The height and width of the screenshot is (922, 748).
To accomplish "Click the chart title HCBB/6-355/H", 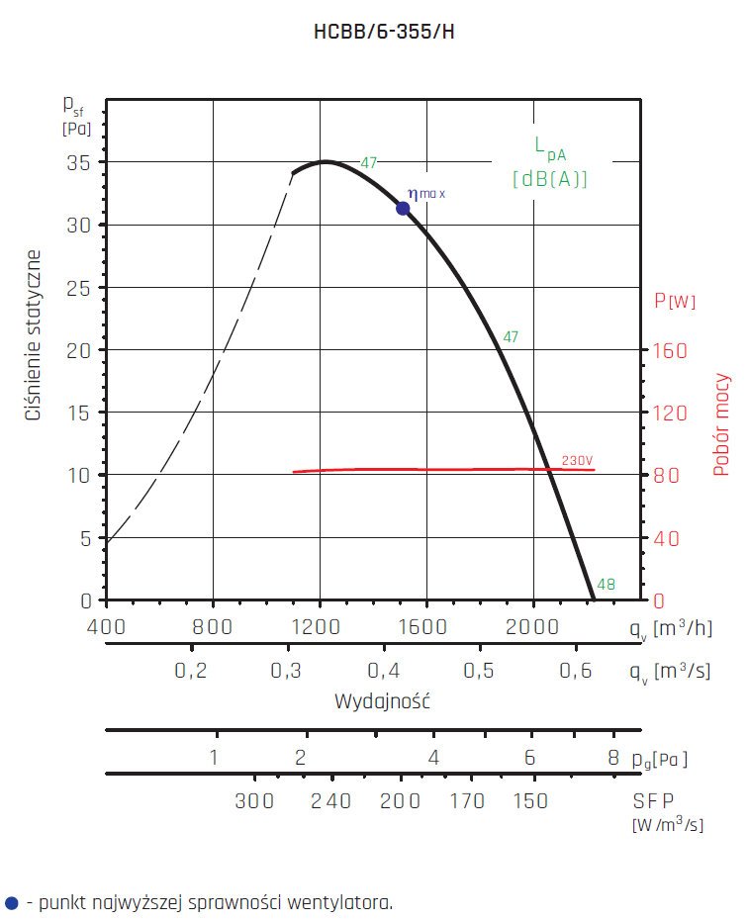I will pos(384,32).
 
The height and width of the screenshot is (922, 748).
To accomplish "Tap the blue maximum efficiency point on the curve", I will pos(403,208).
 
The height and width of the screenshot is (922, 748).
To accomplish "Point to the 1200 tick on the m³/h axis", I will pos(319,625).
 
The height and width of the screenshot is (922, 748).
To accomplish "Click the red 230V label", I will pos(577,461).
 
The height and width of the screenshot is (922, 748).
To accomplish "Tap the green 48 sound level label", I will pos(607,585).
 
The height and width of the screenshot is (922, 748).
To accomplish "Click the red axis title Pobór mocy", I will pos(722,424).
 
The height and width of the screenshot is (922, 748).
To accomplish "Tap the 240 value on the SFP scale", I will pos(330,801).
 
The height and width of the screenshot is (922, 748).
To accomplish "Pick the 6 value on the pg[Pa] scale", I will pos(530,759).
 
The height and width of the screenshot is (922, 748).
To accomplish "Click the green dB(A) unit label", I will pos(550,180).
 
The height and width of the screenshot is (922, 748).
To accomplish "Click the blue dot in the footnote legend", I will pos(11,902).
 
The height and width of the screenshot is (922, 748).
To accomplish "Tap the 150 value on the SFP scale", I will pos(531,801).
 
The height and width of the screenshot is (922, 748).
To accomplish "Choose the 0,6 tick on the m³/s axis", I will pos(575,671).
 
